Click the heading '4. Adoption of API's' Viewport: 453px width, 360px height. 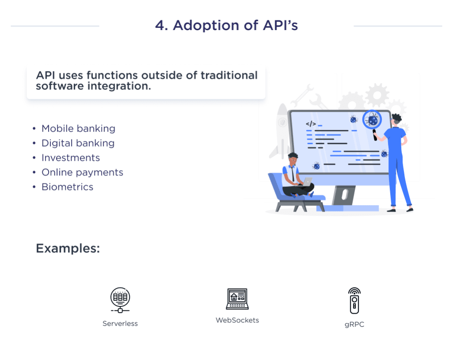coord(226,26)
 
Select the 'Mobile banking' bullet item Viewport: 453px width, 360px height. coord(78,129)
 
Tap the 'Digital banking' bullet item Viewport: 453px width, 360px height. coord(77,143)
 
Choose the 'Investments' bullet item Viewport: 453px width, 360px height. coord(70,158)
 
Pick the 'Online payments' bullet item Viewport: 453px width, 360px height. coord(82,173)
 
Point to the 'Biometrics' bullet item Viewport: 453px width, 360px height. coord(67,187)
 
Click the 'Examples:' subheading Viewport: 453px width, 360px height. coord(68,248)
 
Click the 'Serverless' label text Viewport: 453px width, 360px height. coord(120,324)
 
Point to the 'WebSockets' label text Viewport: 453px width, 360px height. coord(237,320)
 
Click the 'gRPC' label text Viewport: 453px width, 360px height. coord(354,325)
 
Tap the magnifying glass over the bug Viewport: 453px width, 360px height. coord(372,120)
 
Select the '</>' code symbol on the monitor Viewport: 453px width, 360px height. coord(311,124)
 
